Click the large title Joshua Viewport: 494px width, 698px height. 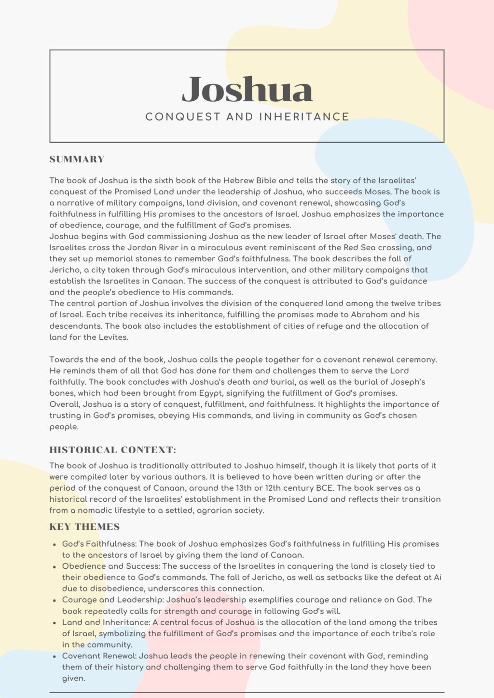(247, 90)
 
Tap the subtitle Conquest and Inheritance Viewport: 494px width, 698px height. (247, 117)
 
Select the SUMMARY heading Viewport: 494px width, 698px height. (77, 160)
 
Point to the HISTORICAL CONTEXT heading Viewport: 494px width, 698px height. (113, 450)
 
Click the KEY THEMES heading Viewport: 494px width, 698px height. (84, 527)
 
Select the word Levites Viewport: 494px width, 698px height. (113, 337)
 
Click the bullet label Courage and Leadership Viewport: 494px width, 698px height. (113, 600)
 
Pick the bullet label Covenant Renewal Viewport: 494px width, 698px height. (98, 656)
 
